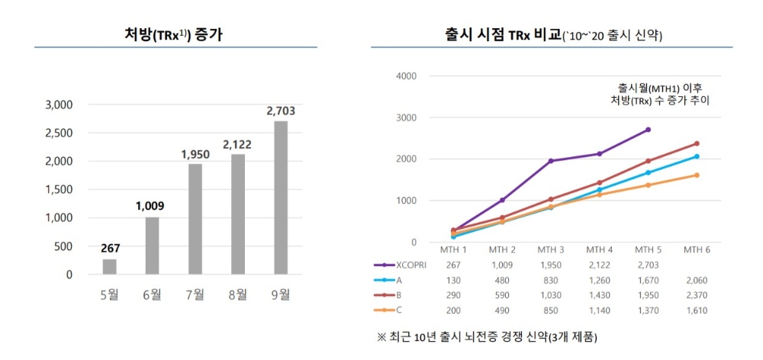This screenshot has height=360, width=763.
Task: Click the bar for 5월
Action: [x=110, y=266]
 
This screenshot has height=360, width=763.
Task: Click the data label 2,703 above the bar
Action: [x=281, y=111]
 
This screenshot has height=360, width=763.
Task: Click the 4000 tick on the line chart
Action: [x=407, y=76]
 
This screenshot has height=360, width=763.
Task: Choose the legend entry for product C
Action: [x=398, y=310]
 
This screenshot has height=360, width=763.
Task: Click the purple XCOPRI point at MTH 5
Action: [x=648, y=130]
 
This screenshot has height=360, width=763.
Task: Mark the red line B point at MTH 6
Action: [x=696, y=143]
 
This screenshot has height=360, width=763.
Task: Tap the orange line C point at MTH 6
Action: [x=696, y=175]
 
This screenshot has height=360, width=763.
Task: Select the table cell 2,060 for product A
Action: [x=696, y=280]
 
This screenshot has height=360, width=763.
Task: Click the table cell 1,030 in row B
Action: [x=551, y=295]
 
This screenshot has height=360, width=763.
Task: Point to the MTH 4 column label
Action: [x=599, y=249]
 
